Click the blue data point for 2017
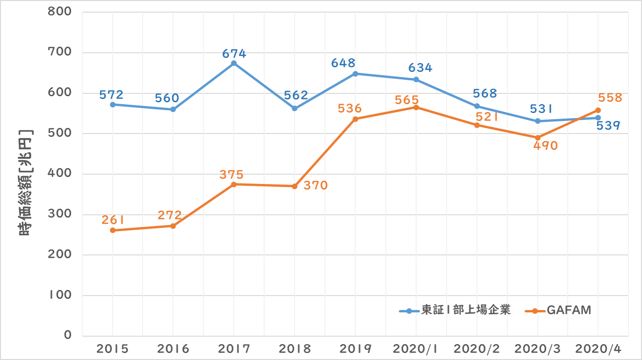234,63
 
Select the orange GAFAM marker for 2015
112,230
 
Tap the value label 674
234,54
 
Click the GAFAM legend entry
568,310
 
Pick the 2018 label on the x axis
294,349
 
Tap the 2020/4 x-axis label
598,349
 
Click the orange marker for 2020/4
598,110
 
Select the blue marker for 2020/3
537,121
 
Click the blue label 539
607,126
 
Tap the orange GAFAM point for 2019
355,119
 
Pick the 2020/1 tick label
416,349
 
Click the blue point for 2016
173,109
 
